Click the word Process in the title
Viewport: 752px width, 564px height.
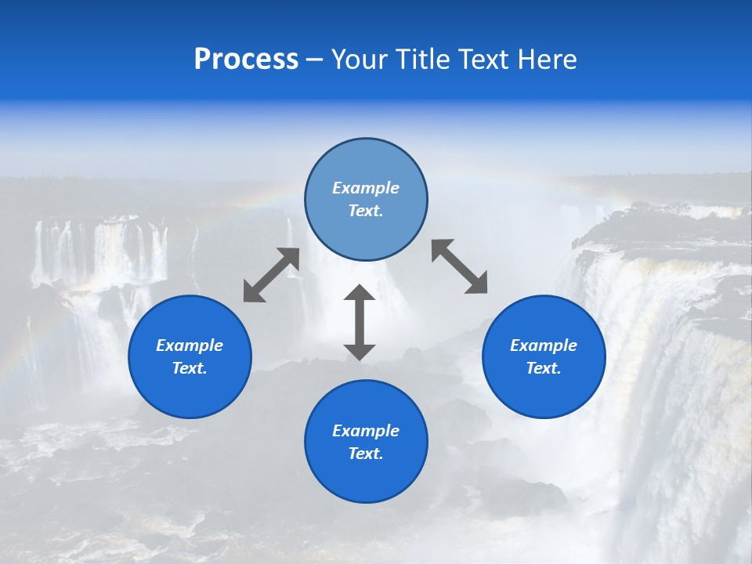coord(246,60)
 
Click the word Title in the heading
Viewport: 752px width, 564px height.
coord(421,60)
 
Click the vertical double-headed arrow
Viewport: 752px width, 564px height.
coord(360,322)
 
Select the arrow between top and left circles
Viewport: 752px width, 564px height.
coord(271,275)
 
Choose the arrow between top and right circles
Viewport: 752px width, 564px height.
coord(460,267)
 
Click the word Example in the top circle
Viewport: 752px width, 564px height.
coord(366,188)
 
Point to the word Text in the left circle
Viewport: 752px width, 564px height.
coord(190,368)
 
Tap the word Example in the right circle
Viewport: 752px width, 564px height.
coord(544,345)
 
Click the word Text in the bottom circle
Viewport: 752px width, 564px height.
coord(366,454)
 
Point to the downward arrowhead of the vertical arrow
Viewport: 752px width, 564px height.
coord(360,352)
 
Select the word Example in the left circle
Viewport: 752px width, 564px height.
coord(190,345)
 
